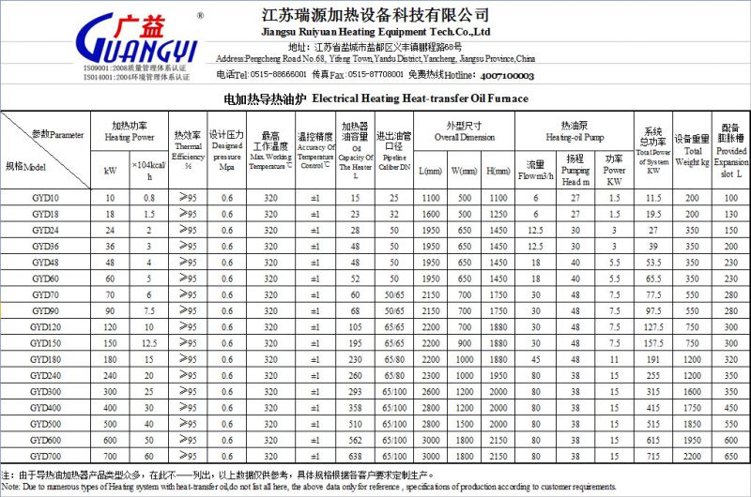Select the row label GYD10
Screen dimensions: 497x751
pos(44,198)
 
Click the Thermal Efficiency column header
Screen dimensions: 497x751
pos(189,147)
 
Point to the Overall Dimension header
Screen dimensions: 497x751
pos(465,131)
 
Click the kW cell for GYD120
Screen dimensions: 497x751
pos(110,326)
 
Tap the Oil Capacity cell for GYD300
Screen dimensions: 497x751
pos(356,391)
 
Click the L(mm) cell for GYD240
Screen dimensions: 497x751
pos(431,375)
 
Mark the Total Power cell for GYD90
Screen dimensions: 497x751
pos(653,310)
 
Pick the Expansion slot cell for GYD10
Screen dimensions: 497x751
pos(731,198)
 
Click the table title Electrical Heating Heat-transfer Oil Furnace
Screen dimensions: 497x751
pos(375,98)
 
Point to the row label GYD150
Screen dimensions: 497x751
pos(44,342)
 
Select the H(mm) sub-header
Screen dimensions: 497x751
pos(498,171)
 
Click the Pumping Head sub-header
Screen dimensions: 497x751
pos(575,169)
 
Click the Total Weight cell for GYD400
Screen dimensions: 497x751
pos(693,407)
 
